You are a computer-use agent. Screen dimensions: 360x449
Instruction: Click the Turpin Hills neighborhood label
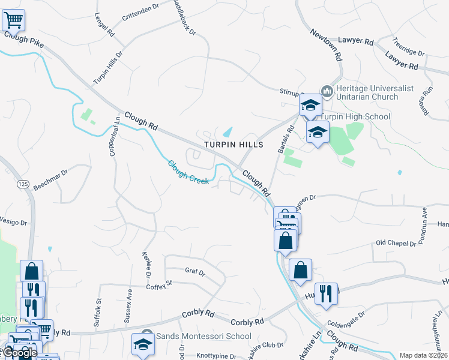click(234, 145)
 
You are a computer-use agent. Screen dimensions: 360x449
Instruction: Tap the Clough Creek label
click(188, 171)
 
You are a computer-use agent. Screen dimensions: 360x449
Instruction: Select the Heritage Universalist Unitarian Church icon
click(327, 92)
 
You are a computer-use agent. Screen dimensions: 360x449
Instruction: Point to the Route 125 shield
click(23, 183)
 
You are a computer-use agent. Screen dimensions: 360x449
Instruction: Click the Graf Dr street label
click(195, 272)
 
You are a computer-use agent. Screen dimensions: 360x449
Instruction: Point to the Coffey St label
click(159, 286)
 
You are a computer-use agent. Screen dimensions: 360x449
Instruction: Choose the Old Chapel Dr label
click(396, 243)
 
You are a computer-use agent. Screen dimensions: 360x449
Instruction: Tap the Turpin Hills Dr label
click(108, 67)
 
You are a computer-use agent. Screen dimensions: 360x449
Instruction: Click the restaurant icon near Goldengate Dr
click(326, 294)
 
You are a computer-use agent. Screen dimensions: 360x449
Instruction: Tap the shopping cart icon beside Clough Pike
click(13, 20)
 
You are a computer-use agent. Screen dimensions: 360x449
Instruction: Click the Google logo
click(19, 353)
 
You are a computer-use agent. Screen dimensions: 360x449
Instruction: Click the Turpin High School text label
click(355, 116)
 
